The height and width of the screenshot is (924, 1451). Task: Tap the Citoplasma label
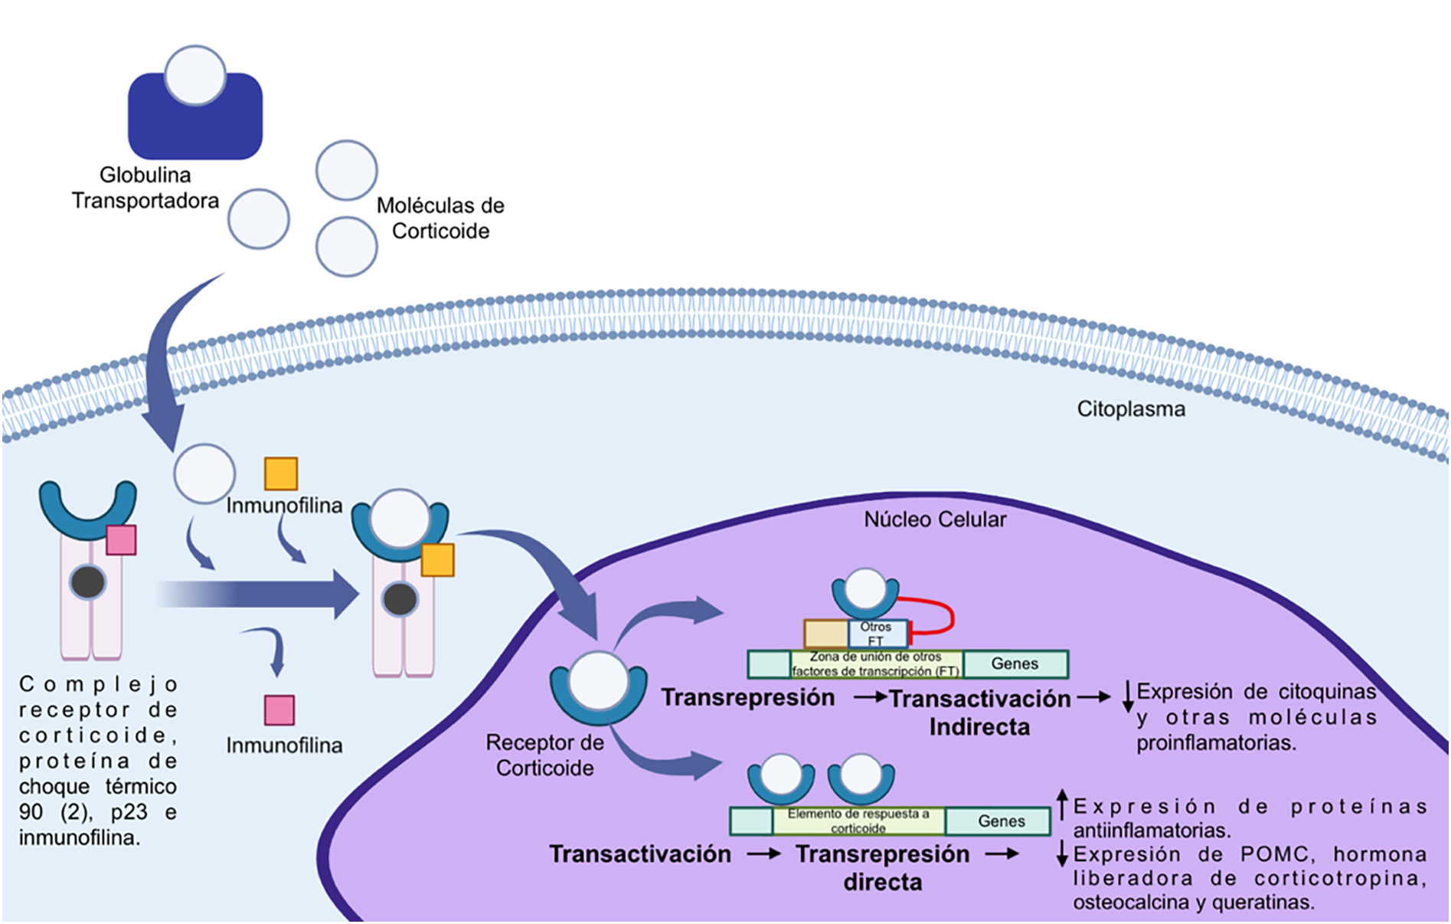pyautogui.click(x=1130, y=409)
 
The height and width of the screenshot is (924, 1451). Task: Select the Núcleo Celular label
pyautogui.click(x=934, y=519)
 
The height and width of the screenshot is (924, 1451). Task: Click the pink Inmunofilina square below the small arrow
pyautogui.click(x=279, y=710)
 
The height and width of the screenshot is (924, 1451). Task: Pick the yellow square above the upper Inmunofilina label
pyautogui.click(x=281, y=473)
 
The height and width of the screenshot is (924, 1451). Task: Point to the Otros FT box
pyautogui.click(x=877, y=634)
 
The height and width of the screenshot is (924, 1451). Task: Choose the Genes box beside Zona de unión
pyautogui.click(x=1015, y=664)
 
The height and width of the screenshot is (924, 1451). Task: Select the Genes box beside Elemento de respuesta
pyautogui.click(x=1000, y=821)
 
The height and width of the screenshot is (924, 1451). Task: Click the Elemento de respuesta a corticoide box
pyautogui.click(x=858, y=821)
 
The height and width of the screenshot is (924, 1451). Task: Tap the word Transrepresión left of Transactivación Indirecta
pyautogui.click(x=748, y=697)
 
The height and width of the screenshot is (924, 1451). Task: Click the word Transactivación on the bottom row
pyautogui.click(x=640, y=854)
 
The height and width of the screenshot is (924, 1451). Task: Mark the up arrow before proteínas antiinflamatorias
pyautogui.click(x=1062, y=804)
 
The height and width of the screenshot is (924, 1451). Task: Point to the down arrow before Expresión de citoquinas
pyautogui.click(x=1127, y=696)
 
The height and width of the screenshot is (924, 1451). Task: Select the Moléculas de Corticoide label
pyautogui.click(x=440, y=218)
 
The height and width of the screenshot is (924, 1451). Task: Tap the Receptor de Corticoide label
pyautogui.click(x=544, y=755)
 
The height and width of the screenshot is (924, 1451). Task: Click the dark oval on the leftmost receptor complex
pyautogui.click(x=88, y=583)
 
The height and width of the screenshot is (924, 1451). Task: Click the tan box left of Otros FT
pyautogui.click(x=825, y=634)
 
